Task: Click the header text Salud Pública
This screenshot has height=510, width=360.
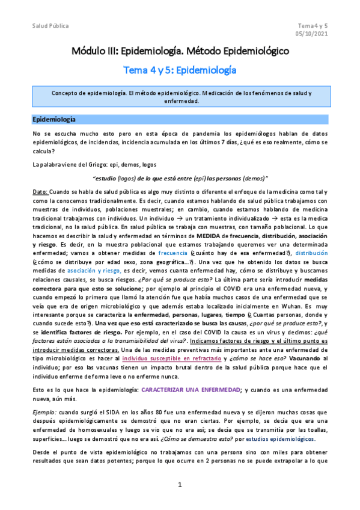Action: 50,26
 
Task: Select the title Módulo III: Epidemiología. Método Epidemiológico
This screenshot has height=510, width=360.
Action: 180,52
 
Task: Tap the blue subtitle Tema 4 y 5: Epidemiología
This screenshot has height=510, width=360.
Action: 180,70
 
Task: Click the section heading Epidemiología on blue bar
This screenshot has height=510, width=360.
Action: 54,119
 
